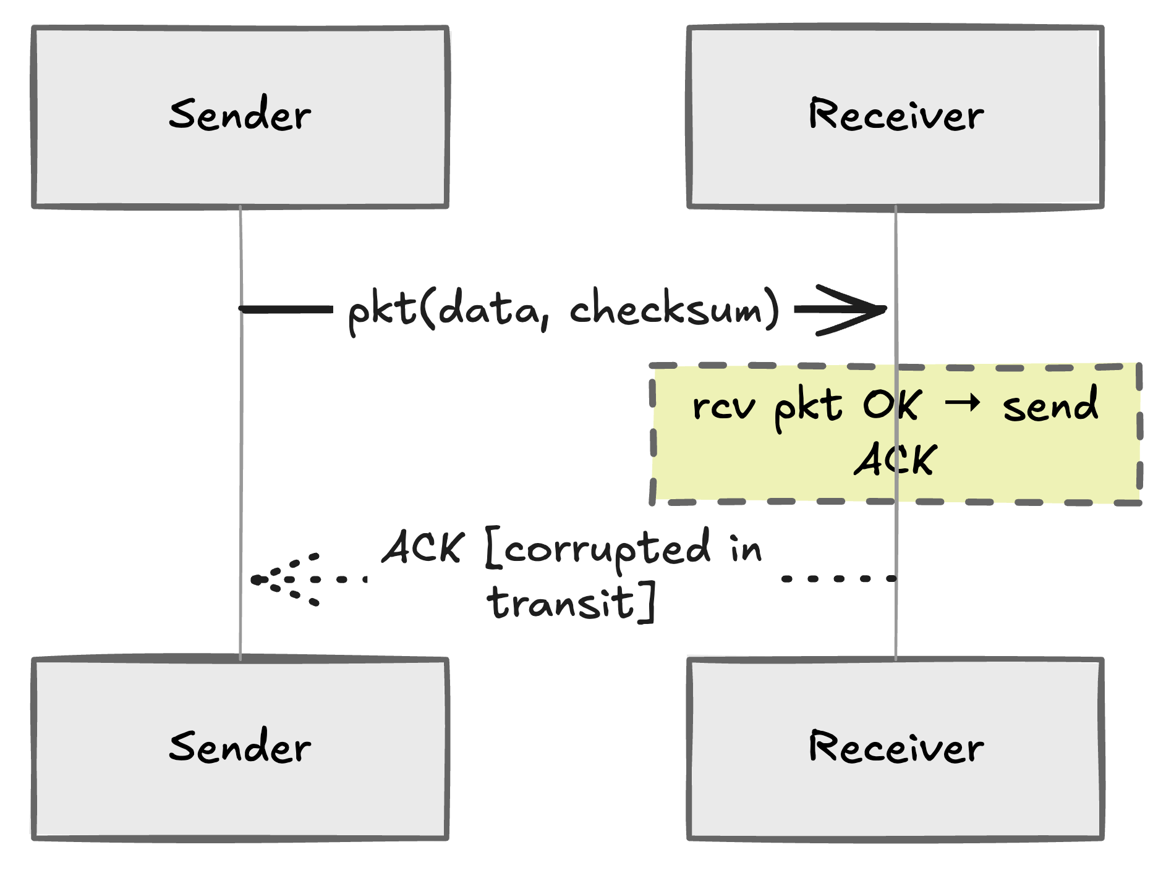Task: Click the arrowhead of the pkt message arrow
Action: [x=866, y=309]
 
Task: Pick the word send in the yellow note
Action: [x=1050, y=406]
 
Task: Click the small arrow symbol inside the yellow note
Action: [x=963, y=403]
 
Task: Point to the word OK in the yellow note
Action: [x=892, y=405]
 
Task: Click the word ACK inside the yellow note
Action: [x=895, y=460]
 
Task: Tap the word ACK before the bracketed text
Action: [x=423, y=547]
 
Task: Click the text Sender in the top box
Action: [x=240, y=115]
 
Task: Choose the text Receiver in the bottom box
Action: [x=895, y=747]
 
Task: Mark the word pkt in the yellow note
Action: [x=807, y=408]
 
